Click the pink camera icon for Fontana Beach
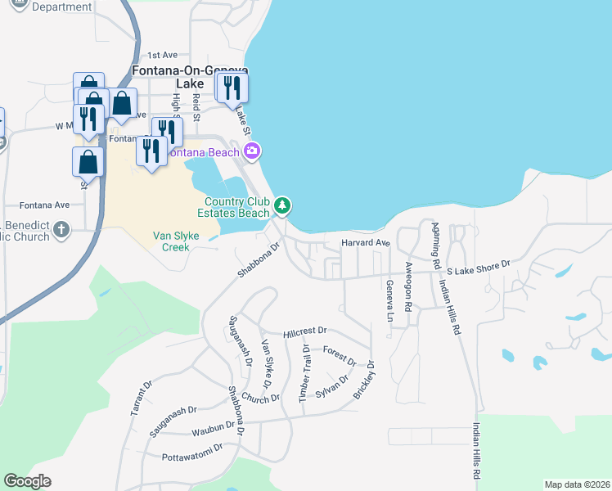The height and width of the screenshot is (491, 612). [252, 151]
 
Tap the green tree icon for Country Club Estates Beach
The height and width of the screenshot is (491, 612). [282, 205]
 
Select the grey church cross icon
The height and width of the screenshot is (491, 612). [61, 231]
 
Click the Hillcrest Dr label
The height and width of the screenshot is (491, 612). [304, 332]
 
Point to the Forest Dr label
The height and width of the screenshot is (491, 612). [340, 355]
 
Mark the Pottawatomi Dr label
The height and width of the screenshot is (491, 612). [192, 455]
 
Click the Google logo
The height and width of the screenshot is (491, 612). [27, 481]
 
